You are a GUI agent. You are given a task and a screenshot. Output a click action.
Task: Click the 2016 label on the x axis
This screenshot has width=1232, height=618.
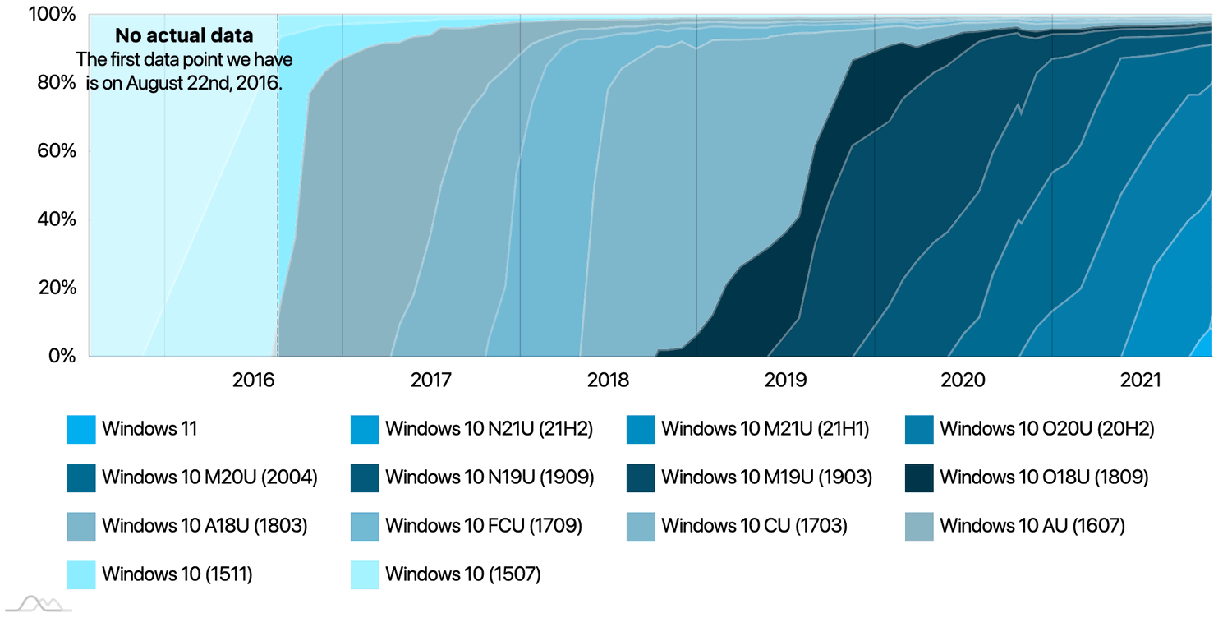pos(253,380)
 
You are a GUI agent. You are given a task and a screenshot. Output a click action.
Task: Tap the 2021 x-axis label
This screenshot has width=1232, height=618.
pos(1140,380)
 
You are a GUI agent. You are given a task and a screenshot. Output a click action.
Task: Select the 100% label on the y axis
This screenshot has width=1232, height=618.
pos(55,15)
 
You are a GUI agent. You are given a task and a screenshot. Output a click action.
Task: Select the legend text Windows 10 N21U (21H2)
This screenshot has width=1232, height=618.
pos(489,429)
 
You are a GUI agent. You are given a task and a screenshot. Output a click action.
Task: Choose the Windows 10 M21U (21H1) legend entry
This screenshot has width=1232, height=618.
pos(765,429)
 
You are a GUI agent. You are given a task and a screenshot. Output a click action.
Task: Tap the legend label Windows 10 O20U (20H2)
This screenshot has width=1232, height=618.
pos(1046,429)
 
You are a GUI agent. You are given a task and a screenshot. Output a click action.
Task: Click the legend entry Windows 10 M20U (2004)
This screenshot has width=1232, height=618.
pos(209,477)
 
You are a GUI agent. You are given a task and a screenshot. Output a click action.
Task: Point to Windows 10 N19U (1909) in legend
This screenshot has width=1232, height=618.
pos(489,477)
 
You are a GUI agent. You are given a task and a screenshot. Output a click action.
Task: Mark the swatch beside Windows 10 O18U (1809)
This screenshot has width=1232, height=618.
pos(918,477)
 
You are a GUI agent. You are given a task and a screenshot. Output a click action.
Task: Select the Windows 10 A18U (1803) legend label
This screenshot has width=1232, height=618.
pos(205,525)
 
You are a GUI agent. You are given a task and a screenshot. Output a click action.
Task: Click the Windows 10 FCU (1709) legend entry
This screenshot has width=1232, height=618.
pos(483,525)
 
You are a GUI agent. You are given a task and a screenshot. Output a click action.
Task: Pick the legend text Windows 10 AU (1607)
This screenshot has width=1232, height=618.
pos(1032,525)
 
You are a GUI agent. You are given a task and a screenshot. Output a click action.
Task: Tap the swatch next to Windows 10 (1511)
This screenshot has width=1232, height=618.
pos(81,574)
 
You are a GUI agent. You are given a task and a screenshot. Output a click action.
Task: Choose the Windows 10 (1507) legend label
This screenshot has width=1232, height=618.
pos(462,574)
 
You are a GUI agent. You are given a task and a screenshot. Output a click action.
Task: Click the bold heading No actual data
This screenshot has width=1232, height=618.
pos(183,36)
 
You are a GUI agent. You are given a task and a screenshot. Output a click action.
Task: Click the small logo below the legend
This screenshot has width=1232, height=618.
pos(46,604)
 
